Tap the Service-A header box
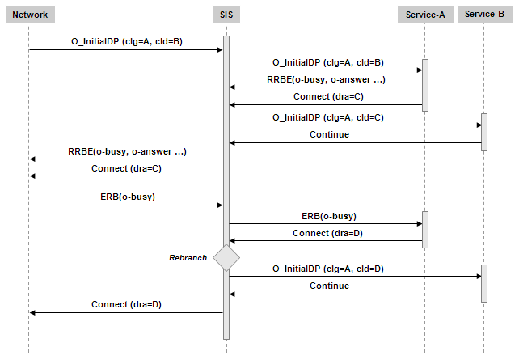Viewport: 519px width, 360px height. [x=424, y=15]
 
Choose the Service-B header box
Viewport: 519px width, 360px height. [x=484, y=15]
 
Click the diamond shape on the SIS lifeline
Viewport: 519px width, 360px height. [x=226, y=257]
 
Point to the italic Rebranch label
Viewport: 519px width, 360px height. [x=188, y=257]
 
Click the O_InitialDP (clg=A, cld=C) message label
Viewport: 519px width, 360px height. [x=327, y=117]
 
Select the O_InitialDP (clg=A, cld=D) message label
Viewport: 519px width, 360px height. [x=327, y=269]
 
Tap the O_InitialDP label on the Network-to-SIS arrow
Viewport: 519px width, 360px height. [x=127, y=41]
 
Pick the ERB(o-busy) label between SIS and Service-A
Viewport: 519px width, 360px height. [x=328, y=216]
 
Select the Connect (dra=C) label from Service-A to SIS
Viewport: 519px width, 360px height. [x=328, y=96]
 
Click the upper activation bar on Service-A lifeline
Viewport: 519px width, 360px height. [x=424, y=84]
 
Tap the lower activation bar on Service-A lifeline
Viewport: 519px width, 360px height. [x=424, y=229]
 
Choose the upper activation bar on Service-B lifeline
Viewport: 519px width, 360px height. [x=484, y=131]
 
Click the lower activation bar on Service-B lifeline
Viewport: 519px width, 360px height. [x=484, y=283]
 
